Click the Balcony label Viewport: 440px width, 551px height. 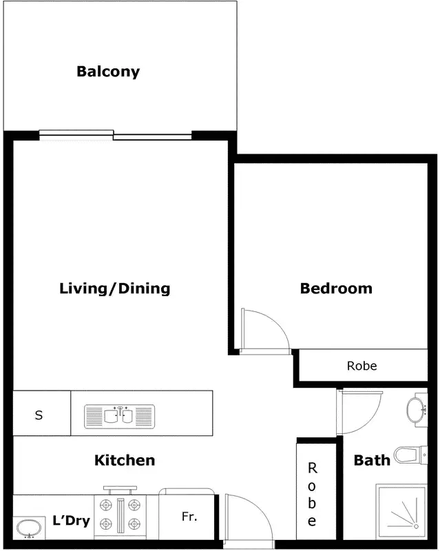(x=108, y=71)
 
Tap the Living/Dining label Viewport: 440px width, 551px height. (x=114, y=288)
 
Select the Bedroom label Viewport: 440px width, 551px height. (x=336, y=288)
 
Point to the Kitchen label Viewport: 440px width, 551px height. (x=125, y=460)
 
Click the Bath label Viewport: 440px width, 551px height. (x=372, y=460)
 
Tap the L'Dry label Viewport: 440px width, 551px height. (x=72, y=521)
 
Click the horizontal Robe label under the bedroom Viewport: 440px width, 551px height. (x=362, y=366)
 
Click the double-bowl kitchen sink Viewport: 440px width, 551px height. (x=119, y=416)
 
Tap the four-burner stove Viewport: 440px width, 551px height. (x=121, y=514)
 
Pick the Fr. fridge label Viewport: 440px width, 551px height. (x=190, y=516)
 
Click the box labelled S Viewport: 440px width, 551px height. (x=39, y=415)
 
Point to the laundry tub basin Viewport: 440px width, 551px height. (x=29, y=529)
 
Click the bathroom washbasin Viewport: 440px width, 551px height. (x=417, y=409)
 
